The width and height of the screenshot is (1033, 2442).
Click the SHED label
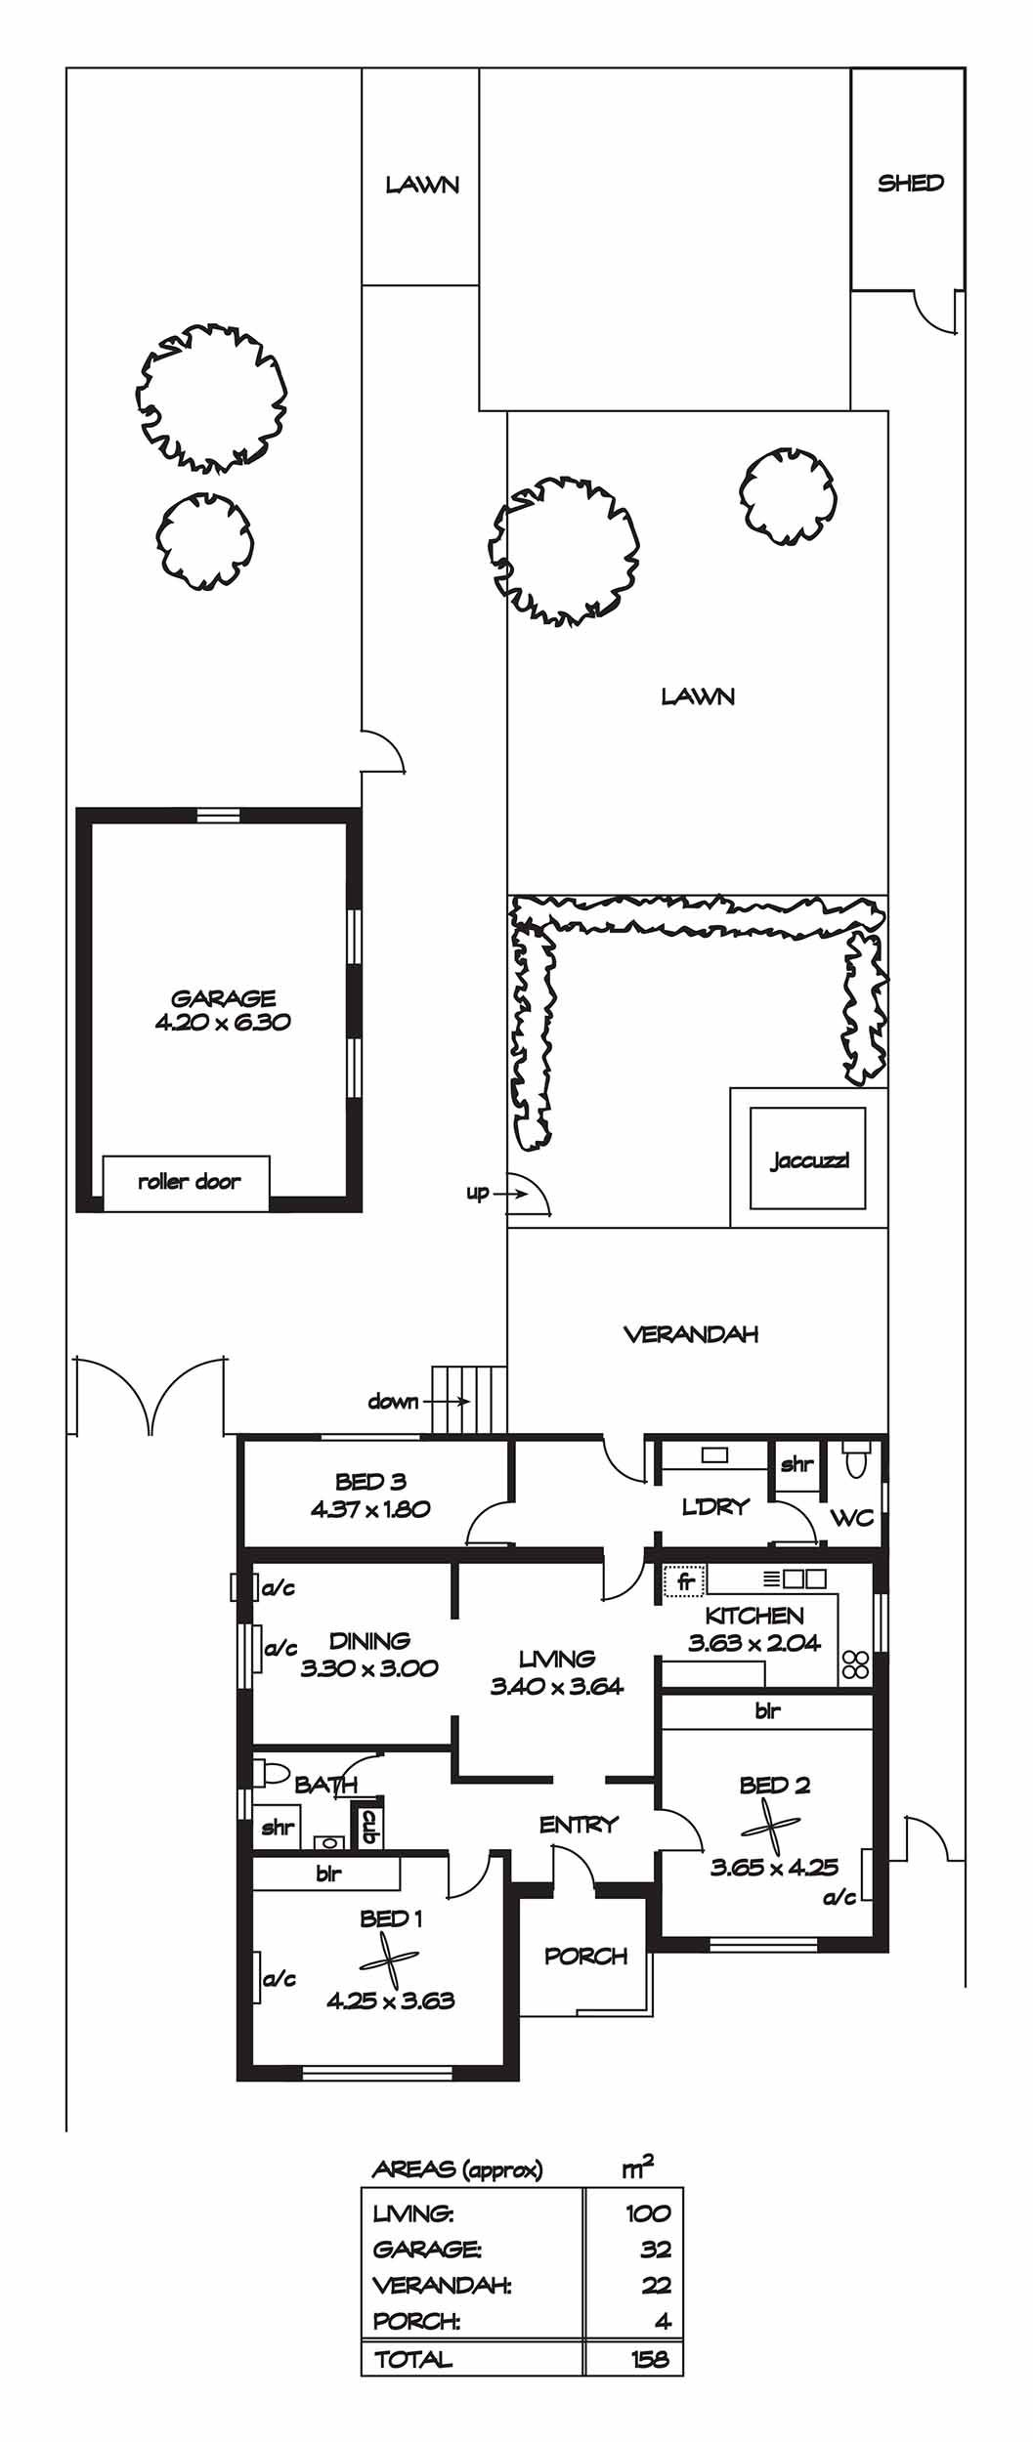(910, 183)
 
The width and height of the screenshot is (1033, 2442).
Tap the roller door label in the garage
(189, 1181)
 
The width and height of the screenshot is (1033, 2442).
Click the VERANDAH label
(691, 1333)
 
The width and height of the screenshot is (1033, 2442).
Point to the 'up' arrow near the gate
(509, 1193)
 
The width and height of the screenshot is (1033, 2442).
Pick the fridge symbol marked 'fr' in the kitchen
(684, 1579)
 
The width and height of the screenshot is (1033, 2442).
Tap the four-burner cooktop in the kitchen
(855, 1663)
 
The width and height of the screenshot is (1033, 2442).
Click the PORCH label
(585, 1956)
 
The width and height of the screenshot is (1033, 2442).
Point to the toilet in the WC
(857, 1463)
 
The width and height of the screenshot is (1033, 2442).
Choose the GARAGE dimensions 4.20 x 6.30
(223, 1023)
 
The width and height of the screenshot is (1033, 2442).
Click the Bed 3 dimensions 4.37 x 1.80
(370, 1508)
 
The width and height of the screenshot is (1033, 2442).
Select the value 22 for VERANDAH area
(656, 2285)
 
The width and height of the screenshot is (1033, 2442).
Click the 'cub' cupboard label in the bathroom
(369, 1826)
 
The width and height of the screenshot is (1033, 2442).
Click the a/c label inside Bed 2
(839, 1897)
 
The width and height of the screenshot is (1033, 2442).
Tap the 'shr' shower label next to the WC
(797, 1463)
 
